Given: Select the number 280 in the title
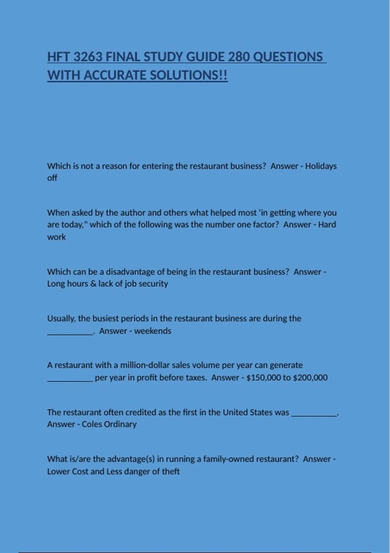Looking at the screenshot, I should click(x=239, y=57).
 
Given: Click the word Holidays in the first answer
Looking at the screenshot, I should click(x=321, y=166).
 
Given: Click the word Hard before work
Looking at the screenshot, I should click(x=327, y=225).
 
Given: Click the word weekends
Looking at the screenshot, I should click(x=152, y=331).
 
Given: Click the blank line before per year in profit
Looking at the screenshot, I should click(x=70, y=380).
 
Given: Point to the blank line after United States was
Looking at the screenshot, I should click(x=314, y=415).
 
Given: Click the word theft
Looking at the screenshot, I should click(x=171, y=472).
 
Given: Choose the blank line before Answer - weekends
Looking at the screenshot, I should click(x=70, y=333).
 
